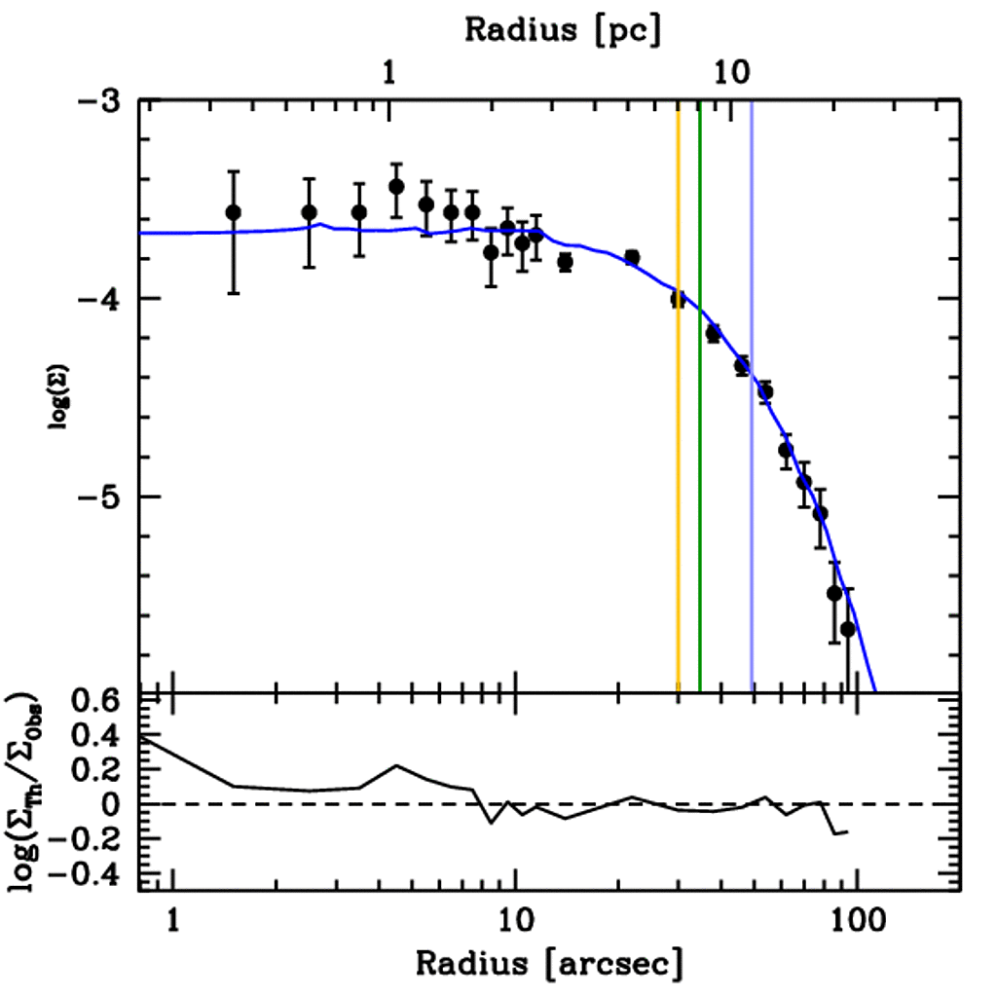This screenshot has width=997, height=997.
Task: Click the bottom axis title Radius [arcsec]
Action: pos(548,963)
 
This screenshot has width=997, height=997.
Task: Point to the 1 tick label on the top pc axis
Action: pos(389,73)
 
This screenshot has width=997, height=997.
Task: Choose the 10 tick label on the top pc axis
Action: pos(731,73)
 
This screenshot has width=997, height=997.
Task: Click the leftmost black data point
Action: pos(233,212)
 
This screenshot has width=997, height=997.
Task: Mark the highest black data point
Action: pos(396,186)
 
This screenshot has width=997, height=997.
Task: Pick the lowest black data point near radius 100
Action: pos(848,629)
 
